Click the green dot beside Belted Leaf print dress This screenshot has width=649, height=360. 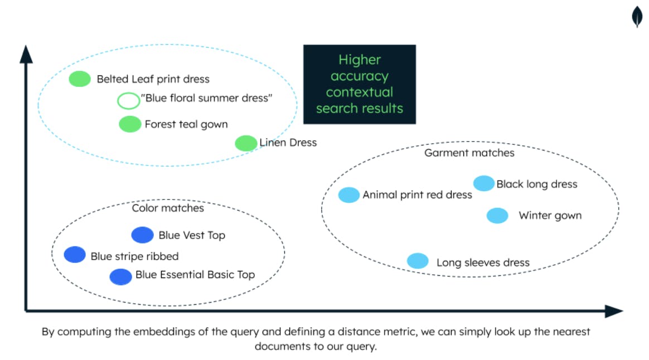click(x=80, y=79)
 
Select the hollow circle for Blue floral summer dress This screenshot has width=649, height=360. click(x=129, y=100)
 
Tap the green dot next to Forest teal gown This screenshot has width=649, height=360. click(x=130, y=124)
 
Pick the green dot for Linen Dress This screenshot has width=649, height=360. click(x=246, y=143)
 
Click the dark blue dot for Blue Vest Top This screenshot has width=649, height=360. click(x=142, y=235)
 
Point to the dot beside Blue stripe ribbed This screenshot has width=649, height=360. click(x=75, y=255)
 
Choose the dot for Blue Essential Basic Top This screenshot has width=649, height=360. click(x=120, y=276)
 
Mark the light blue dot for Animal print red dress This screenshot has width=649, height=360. click(x=349, y=194)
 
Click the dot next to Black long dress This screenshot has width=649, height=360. click(x=483, y=183)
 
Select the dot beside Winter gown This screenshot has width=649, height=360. click(x=497, y=216)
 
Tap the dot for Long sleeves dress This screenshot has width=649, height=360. click(x=418, y=261)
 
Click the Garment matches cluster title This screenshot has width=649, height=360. click(x=469, y=153)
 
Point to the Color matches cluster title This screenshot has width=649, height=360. click(x=168, y=208)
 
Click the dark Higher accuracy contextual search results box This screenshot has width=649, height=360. click(x=359, y=84)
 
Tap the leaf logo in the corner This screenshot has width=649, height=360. click(x=637, y=17)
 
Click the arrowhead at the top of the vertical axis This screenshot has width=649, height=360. click(x=26, y=53)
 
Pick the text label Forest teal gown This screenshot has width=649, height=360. click(x=186, y=124)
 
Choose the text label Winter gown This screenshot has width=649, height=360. click(x=550, y=216)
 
